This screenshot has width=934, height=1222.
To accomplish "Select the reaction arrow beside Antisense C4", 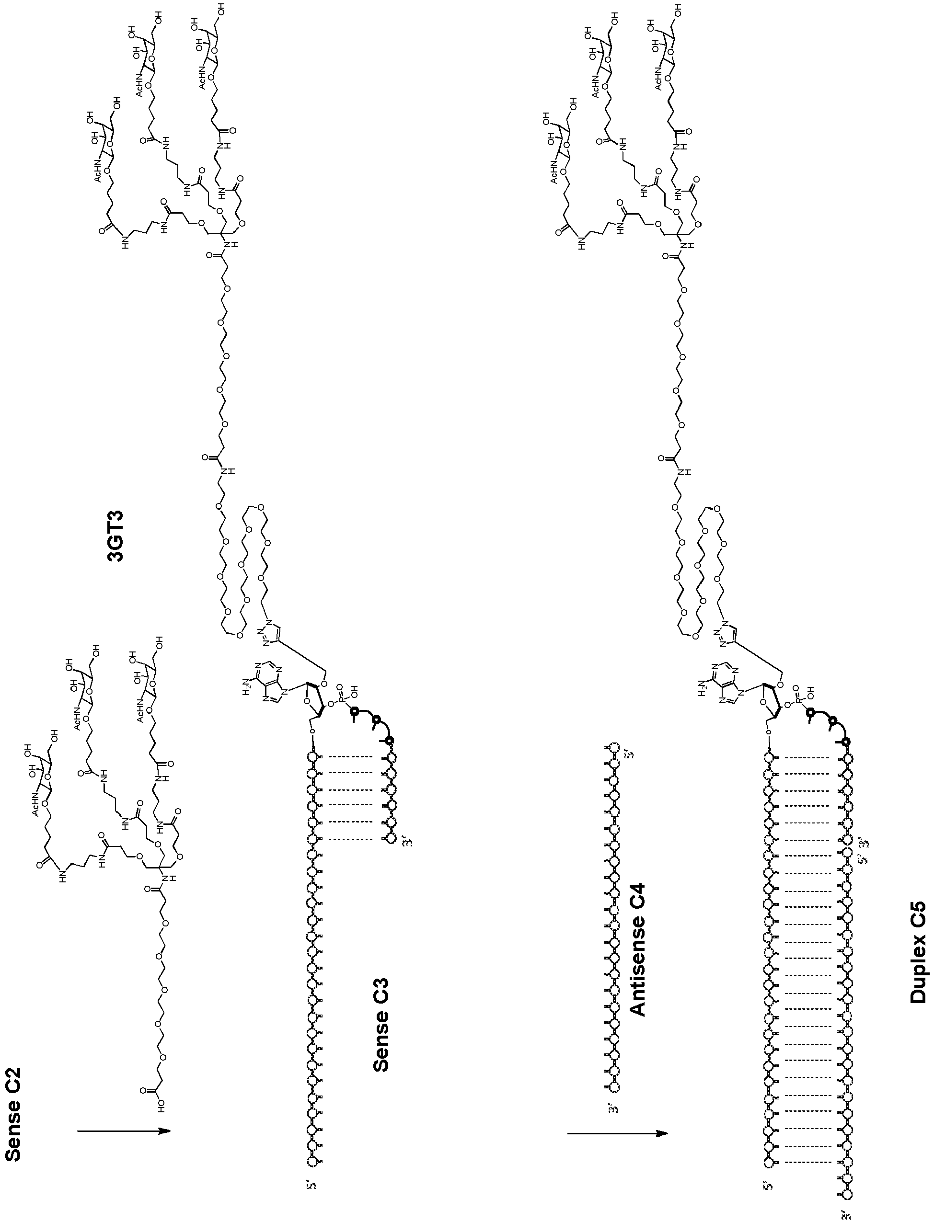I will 617,1114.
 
